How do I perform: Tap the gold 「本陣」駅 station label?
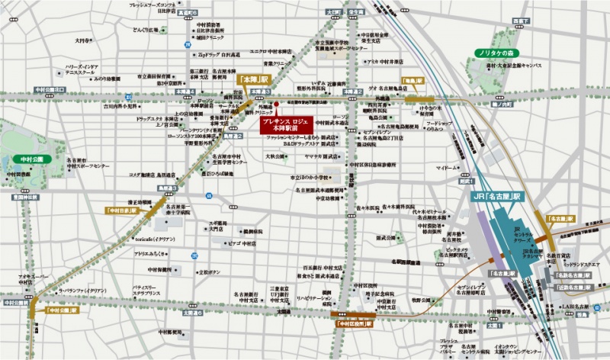pos(254,79)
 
